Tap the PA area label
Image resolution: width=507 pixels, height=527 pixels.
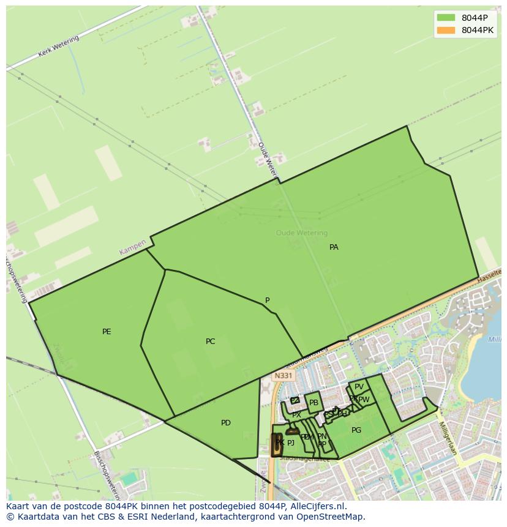tap(334, 247)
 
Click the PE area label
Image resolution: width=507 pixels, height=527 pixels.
tap(107, 332)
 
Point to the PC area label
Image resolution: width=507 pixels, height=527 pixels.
tap(210, 342)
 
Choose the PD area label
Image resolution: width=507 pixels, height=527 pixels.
tap(226, 423)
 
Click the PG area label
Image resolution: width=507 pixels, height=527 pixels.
tap(356, 430)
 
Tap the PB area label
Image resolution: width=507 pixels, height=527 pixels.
tap(314, 403)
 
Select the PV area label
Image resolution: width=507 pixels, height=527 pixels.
tap(359, 387)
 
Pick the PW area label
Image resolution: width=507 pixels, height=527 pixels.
tap(364, 400)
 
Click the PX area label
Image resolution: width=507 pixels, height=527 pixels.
tap(296, 415)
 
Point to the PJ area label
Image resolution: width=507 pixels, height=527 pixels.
tap(291, 443)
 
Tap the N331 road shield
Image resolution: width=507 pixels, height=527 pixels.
tap(284, 376)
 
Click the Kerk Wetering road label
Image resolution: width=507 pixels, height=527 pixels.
tap(59, 47)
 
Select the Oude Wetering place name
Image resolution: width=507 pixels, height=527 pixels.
tap(302, 233)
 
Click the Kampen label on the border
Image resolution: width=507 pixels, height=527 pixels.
tap(133, 247)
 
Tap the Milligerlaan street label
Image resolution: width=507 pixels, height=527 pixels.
tap(448, 438)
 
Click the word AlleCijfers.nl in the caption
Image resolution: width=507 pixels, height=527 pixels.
tap(318, 507)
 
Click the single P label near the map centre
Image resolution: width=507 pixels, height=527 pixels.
tap(267, 301)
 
